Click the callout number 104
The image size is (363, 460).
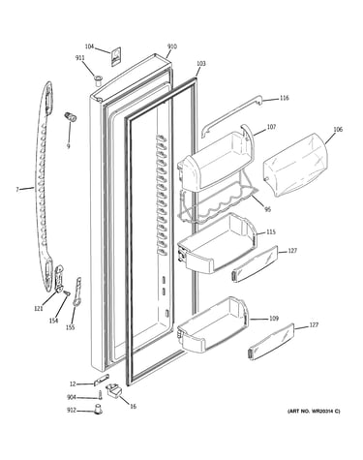[x=89, y=46]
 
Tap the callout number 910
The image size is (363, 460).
[x=172, y=46]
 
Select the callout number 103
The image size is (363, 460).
[x=200, y=64]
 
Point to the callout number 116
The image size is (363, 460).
[x=284, y=98]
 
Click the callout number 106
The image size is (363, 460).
[x=338, y=130]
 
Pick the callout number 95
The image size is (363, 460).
[x=267, y=210]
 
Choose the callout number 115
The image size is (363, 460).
[x=271, y=232]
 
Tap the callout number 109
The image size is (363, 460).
[x=274, y=319]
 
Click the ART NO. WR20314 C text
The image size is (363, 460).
[x=314, y=412]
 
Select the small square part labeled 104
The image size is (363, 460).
[x=116, y=56]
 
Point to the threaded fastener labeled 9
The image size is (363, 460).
[x=70, y=117]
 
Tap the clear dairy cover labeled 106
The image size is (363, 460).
[x=295, y=165]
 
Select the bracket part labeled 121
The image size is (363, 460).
[x=59, y=279]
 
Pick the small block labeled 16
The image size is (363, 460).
[x=114, y=390]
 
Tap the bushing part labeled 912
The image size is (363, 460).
[x=98, y=410]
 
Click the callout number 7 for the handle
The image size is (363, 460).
[x=17, y=190]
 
